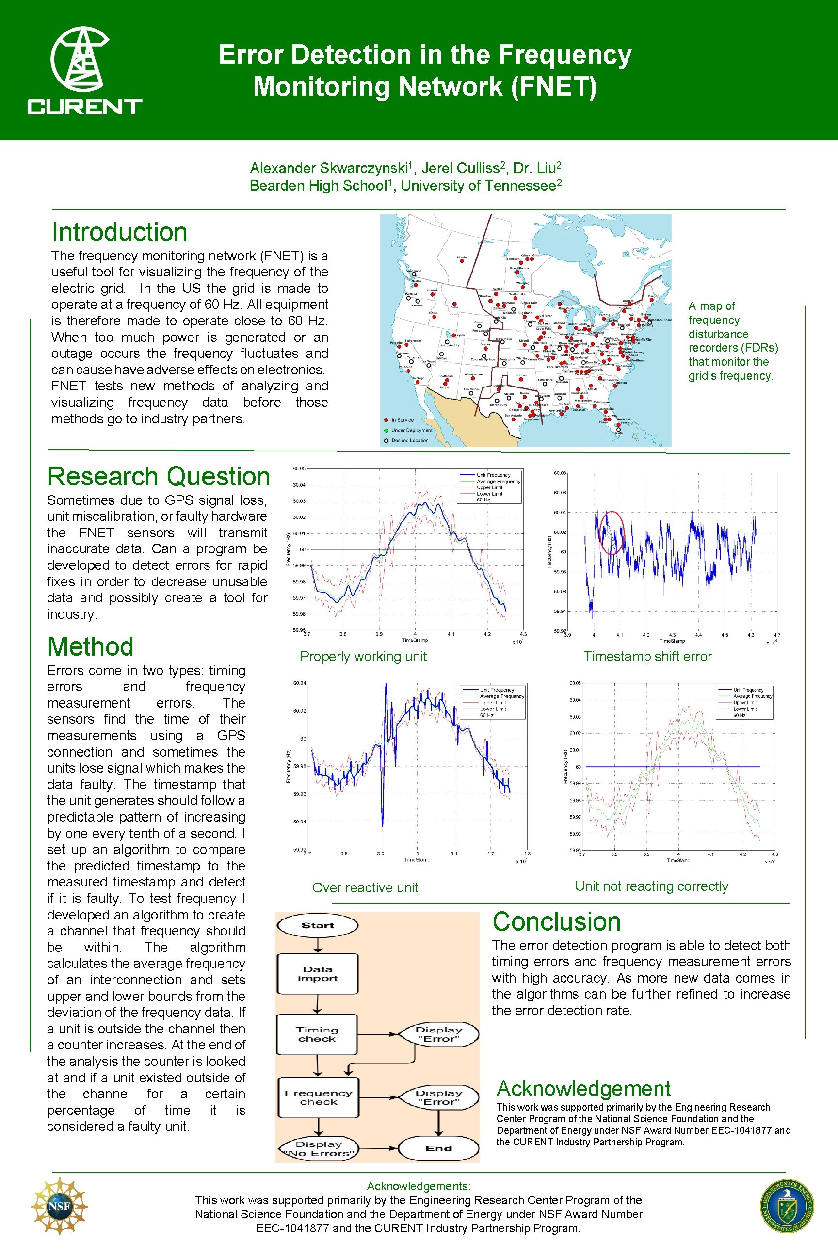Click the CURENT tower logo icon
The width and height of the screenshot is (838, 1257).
tap(80, 59)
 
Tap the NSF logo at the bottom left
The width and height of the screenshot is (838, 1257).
tap(59, 1206)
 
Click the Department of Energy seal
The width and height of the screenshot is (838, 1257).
tap(787, 1206)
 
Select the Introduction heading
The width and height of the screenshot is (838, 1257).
tap(119, 232)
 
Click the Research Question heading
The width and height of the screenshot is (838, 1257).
tap(159, 477)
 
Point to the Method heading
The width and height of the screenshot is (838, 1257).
tap(90, 646)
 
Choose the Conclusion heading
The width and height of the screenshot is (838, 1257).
tap(556, 922)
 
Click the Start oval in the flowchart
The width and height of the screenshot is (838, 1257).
tap(318, 926)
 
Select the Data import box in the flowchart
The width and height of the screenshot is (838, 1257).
tap(318, 974)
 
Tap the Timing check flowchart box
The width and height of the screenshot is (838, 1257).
tap(318, 1034)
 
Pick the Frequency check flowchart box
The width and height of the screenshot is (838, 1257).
tap(319, 1097)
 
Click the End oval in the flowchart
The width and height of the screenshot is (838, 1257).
tap(438, 1148)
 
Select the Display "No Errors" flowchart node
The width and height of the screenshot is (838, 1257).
tap(319, 1148)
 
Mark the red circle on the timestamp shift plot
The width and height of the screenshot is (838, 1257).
tap(611, 532)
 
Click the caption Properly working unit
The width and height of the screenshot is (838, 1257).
tap(363, 656)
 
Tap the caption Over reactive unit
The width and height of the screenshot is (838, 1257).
tap(365, 887)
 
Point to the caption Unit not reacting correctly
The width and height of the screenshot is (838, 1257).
tap(651, 886)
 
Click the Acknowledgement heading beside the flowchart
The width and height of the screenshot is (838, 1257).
tap(583, 1089)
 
